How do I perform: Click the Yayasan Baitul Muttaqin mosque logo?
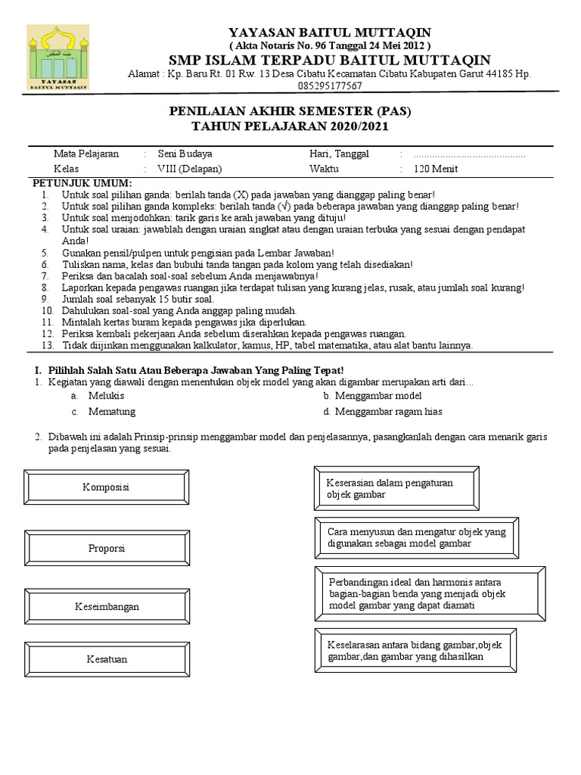pos(57,58)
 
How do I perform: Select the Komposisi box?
pos(107,487)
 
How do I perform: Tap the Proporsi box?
pos(107,547)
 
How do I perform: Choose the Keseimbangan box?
pos(107,607)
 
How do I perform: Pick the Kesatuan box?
pos(107,659)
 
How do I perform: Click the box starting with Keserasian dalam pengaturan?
pos(396,488)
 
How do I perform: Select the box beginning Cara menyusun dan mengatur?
pos(417,537)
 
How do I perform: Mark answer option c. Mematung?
pos(104,412)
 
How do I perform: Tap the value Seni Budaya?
pos(185,154)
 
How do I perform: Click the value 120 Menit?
pos(435,169)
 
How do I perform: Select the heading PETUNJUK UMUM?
pos(81,184)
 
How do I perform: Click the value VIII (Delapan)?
pos(190,169)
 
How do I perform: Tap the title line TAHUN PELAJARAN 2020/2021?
pos(290,126)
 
